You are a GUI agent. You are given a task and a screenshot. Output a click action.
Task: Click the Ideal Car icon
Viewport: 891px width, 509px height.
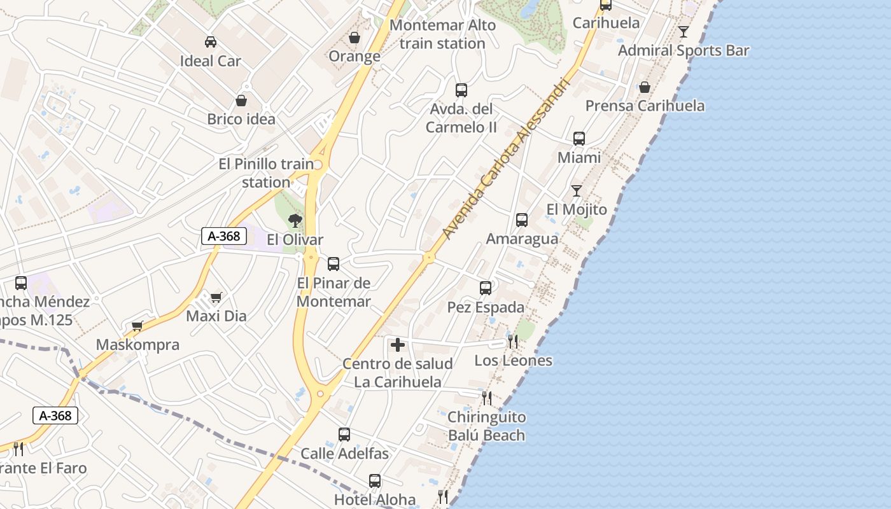coord(210,42)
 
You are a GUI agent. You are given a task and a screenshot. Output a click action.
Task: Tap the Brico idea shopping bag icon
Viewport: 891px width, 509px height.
coord(241,101)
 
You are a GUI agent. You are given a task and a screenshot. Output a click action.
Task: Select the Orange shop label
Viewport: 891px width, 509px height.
coord(354,56)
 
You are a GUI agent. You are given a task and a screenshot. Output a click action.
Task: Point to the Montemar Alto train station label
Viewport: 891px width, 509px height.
coord(442,34)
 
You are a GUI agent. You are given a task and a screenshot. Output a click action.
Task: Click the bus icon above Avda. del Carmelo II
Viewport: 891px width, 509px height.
coord(461,90)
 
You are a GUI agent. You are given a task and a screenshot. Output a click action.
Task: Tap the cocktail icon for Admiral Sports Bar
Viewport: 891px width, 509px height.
coord(684,32)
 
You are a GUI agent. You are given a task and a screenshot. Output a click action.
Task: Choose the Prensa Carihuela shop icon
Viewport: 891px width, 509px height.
coord(645,87)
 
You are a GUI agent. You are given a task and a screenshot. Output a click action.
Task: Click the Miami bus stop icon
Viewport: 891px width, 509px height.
coord(579,139)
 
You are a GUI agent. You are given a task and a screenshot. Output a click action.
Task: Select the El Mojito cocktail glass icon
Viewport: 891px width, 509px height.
coord(577,191)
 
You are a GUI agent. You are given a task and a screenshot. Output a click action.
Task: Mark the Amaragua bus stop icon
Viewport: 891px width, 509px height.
coord(522,220)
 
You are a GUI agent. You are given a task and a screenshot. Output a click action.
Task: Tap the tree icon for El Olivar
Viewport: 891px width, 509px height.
coord(295,221)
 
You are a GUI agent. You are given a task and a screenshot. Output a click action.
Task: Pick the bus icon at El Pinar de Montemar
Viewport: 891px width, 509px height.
coord(333,264)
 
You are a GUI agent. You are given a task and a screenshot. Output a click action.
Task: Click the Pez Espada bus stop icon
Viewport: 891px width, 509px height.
coord(486,288)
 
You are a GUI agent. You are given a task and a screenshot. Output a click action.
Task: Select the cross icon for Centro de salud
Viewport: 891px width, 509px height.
coord(398,345)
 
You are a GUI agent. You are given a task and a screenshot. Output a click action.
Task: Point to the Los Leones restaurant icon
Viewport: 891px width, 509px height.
coord(513,342)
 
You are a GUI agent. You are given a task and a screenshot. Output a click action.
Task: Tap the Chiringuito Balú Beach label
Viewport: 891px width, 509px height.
coord(486,426)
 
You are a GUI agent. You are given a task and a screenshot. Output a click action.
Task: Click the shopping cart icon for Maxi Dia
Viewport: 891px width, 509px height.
coord(216,297)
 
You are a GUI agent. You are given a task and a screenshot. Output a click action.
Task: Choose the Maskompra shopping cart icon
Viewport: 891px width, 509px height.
coord(137,326)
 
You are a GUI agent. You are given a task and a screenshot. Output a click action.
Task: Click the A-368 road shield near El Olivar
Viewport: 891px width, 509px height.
coord(224,236)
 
